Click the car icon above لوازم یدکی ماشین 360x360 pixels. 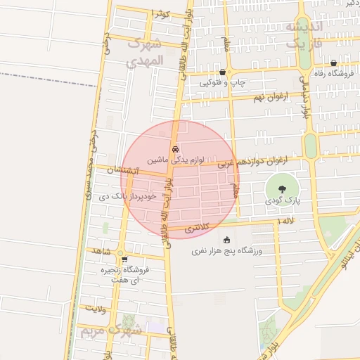pyautogui.click(x=176, y=149)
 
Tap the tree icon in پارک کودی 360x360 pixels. pyautogui.click(x=282, y=188)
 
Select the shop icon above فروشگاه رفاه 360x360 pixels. pyautogui.click(x=333, y=63)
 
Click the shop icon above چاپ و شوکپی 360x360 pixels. pyautogui.click(x=223, y=72)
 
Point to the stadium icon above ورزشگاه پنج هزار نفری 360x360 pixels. pyautogui.click(x=226, y=240)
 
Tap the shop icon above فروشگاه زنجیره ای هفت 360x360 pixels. pyautogui.click(x=124, y=259)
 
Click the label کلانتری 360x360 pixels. pyautogui.click(x=197, y=229)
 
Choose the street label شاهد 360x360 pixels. pyautogui.click(x=103, y=250)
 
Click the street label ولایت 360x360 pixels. pyautogui.click(x=96, y=308)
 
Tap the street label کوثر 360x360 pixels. pyautogui.click(x=160, y=13)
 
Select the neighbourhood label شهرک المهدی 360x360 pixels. pyautogui.click(x=146, y=53)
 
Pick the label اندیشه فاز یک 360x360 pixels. pyautogui.click(x=303, y=34)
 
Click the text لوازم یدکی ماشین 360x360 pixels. pyautogui.click(x=176, y=160)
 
